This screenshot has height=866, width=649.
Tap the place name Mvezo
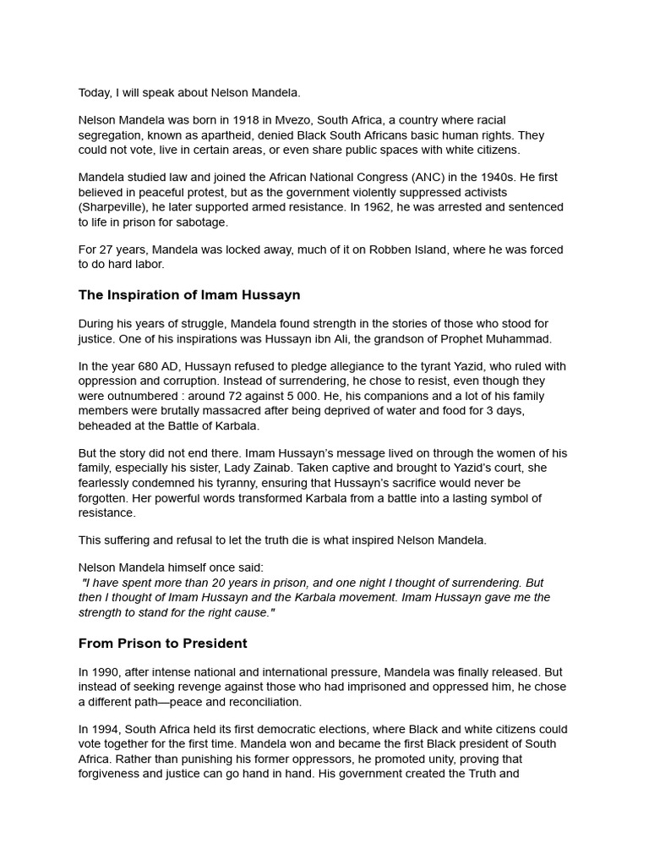coord(279,120)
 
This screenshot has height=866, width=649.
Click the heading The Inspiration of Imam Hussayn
coord(189,295)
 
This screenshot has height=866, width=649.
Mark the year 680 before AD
coord(155,366)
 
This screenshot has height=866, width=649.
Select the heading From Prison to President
coord(163,644)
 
